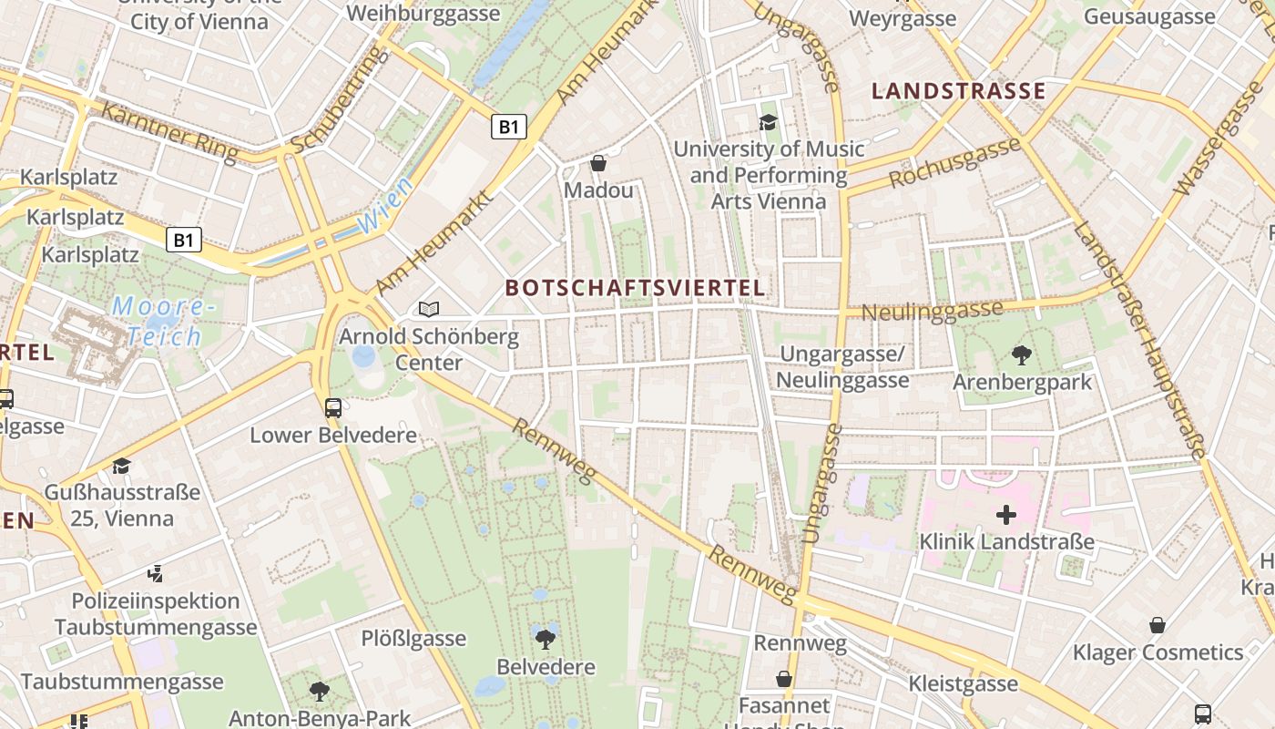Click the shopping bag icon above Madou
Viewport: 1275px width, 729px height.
pyautogui.click(x=598, y=163)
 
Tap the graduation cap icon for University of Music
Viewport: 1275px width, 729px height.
pyautogui.click(x=768, y=121)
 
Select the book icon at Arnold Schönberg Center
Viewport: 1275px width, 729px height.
pyautogui.click(x=429, y=310)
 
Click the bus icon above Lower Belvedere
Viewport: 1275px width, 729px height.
pyautogui.click(x=333, y=407)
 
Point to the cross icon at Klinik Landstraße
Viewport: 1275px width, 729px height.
pyautogui.click(x=1005, y=515)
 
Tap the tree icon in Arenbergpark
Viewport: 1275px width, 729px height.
pyautogui.click(x=1021, y=354)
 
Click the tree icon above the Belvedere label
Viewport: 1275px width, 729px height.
pyautogui.click(x=546, y=639)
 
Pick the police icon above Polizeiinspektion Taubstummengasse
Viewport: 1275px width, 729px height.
pyautogui.click(x=156, y=574)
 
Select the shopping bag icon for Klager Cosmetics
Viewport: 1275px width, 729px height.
pyautogui.click(x=1157, y=625)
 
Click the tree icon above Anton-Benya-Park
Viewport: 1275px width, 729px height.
pyautogui.click(x=319, y=692)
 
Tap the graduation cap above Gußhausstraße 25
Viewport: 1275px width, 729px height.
pyautogui.click(x=121, y=466)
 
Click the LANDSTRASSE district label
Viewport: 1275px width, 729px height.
pyautogui.click(x=958, y=90)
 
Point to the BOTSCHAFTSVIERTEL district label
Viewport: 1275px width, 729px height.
pyautogui.click(x=635, y=288)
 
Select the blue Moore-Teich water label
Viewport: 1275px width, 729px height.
pyautogui.click(x=162, y=322)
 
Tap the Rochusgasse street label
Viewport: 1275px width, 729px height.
pyautogui.click(x=954, y=162)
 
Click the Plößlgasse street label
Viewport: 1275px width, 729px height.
pyautogui.click(x=413, y=638)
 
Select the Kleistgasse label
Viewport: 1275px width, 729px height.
pyautogui.click(x=963, y=683)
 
